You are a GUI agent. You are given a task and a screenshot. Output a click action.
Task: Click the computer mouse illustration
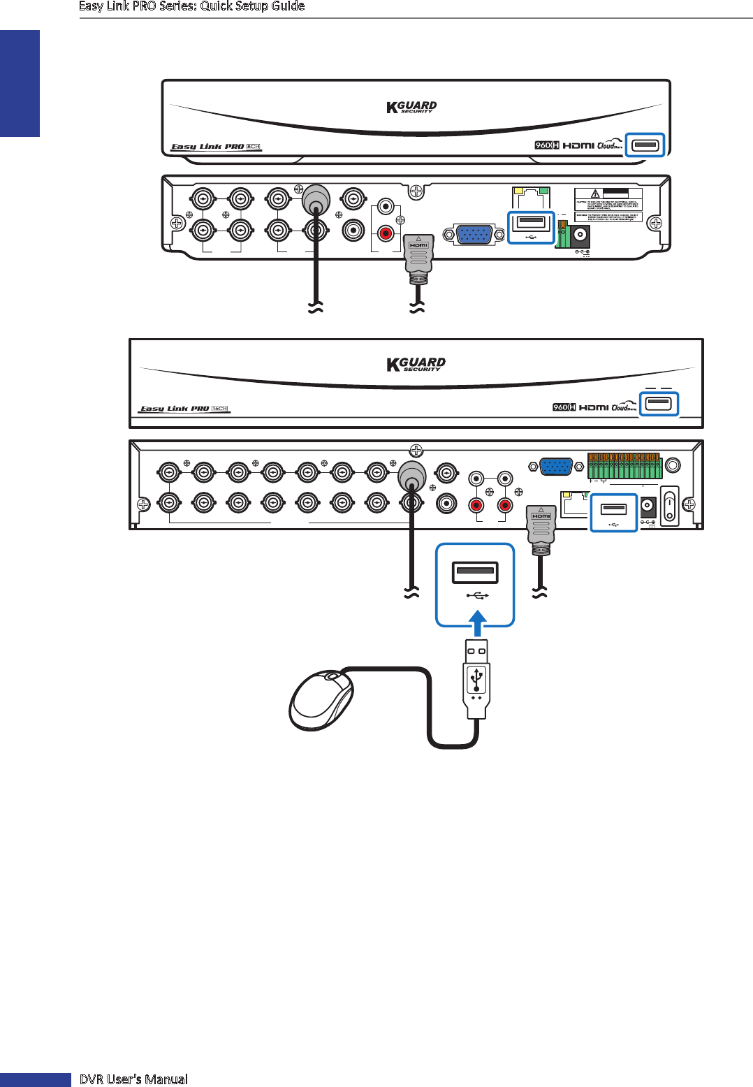point(322,699)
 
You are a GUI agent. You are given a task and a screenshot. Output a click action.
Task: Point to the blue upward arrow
point(476,625)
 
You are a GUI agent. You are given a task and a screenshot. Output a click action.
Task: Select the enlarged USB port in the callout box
point(475,573)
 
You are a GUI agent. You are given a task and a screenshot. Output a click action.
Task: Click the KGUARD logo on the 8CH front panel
point(411,107)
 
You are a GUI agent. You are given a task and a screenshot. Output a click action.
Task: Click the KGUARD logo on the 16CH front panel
point(416,364)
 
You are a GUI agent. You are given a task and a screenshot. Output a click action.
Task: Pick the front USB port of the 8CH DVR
point(644,145)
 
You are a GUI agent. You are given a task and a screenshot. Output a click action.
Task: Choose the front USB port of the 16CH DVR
point(659,404)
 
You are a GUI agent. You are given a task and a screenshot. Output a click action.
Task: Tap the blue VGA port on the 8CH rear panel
point(474,235)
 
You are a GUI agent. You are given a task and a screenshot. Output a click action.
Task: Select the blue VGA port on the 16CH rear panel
point(557,466)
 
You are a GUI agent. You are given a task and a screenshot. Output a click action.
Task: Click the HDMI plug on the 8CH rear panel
point(418,256)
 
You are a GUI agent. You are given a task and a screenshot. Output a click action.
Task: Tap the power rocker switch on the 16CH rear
point(670,505)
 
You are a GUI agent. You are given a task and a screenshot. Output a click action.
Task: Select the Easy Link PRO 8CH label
point(216,147)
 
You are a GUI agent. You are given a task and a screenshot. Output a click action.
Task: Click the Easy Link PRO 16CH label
point(184,409)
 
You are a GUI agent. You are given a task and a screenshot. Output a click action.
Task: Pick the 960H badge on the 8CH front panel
point(546,145)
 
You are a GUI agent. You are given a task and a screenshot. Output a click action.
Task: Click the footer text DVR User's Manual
point(133,1079)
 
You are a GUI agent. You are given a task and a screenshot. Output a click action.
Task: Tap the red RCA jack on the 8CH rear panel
point(385,233)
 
